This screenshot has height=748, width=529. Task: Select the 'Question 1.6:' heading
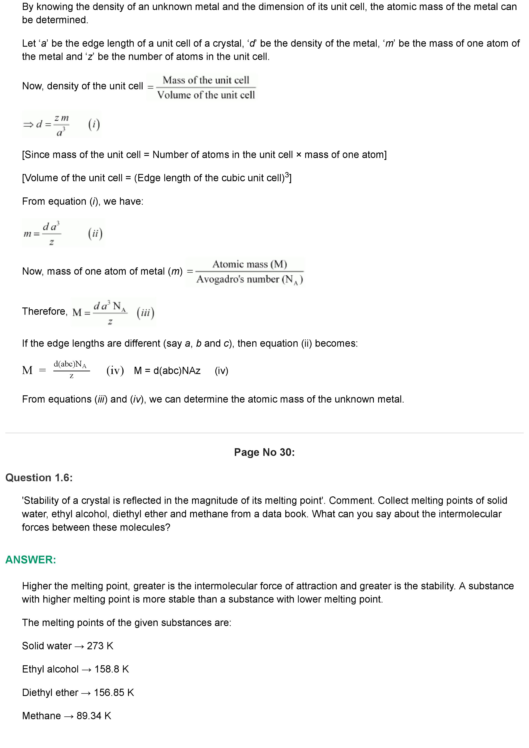(39, 478)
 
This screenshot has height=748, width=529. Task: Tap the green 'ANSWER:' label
(31, 560)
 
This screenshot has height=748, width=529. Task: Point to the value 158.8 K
(111, 669)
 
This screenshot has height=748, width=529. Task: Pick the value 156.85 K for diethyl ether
(114, 692)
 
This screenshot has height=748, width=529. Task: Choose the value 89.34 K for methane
(94, 716)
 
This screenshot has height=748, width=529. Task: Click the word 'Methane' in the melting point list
(41, 716)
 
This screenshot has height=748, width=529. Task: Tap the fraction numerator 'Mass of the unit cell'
(206, 80)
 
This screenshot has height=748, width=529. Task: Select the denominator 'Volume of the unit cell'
(206, 95)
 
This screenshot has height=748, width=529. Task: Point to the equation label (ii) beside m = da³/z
(95, 233)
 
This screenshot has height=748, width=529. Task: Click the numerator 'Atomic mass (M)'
(250, 264)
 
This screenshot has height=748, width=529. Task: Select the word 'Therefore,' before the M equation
(45, 312)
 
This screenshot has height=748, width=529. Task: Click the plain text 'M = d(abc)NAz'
(167, 371)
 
